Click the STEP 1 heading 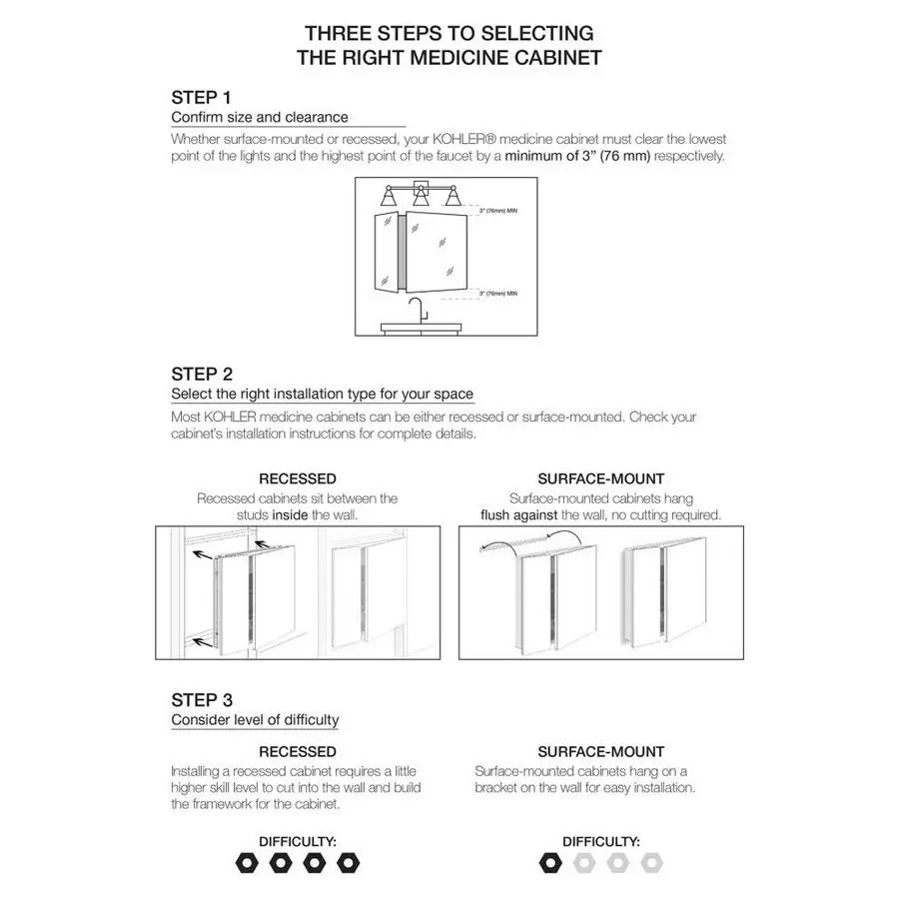(x=201, y=97)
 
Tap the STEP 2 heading (x=202, y=374)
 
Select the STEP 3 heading (x=202, y=699)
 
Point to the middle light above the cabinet (x=420, y=196)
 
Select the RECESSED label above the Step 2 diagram (x=297, y=479)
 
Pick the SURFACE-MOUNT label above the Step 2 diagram (x=600, y=479)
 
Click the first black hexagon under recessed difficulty (x=247, y=862)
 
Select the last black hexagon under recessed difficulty (x=348, y=862)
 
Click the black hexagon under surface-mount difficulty (x=549, y=862)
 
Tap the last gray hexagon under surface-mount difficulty (x=651, y=862)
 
